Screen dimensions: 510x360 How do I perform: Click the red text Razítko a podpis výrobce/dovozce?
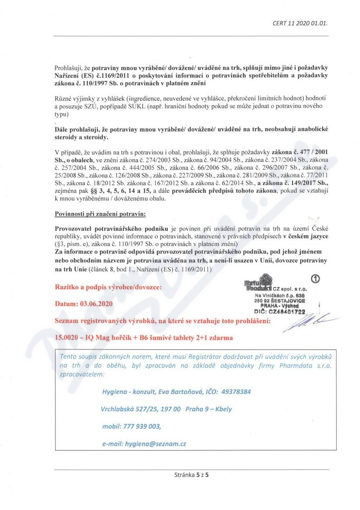tap(108, 287)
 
